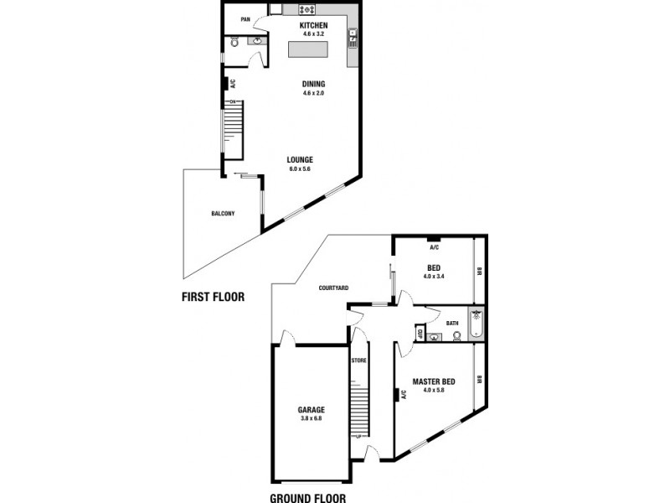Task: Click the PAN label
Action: (245, 19)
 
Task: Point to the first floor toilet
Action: (234, 40)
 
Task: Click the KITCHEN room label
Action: (313, 26)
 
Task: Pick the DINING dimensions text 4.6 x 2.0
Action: (313, 93)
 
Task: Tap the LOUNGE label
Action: (300, 159)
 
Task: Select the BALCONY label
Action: (223, 214)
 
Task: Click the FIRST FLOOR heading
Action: (213, 296)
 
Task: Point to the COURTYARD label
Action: (333, 288)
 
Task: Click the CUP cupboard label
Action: (419, 333)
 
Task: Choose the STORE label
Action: (359, 360)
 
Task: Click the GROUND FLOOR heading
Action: (307, 497)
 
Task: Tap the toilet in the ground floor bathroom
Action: (456, 336)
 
